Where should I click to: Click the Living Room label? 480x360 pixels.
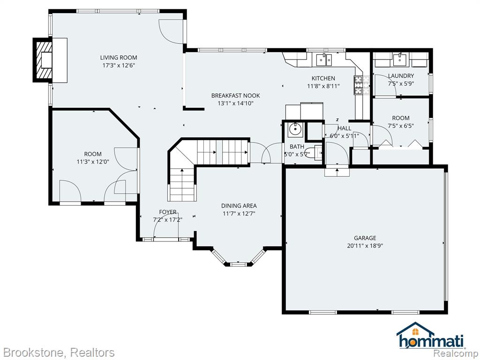(x=119, y=58)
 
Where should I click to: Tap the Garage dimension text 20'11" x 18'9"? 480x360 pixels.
(x=365, y=246)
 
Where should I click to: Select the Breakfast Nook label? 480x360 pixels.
(x=235, y=96)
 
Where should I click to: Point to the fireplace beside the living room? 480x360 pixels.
(x=43, y=60)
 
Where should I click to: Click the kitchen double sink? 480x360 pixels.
(x=324, y=60)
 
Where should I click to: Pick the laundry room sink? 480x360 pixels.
(x=399, y=60)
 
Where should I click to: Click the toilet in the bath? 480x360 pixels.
(x=315, y=152)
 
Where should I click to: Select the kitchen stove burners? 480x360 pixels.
(x=359, y=85)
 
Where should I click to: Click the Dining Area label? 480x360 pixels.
(x=239, y=206)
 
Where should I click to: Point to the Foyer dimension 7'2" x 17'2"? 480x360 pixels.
(x=167, y=220)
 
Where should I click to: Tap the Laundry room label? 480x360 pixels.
(x=401, y=76)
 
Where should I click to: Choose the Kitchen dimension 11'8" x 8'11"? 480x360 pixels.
(x=323, y=86)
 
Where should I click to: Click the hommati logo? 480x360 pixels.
(x=431, y=336)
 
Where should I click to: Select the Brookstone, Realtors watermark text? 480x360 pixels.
(x=58, y=352)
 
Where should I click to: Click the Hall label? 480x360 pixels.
(x=345, y=128)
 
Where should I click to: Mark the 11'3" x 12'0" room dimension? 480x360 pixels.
(x=93, y=162)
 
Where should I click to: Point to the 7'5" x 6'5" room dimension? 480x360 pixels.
(x=401, y=126)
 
